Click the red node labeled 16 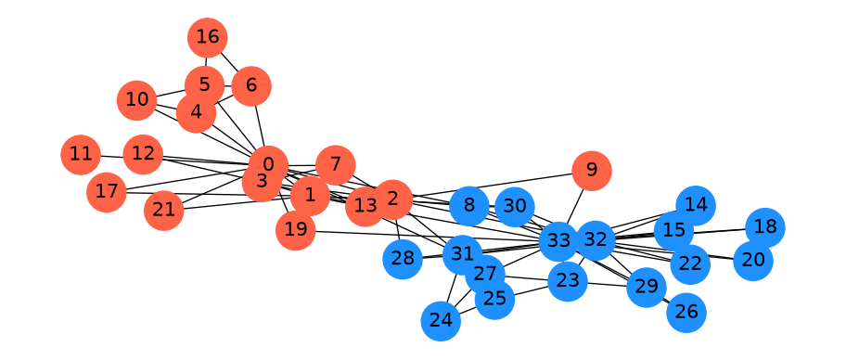(207, 38)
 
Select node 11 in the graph (81, 155)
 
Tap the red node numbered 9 (591, 171)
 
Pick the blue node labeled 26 (686, 313)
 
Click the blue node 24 (441, 322)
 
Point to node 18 (764, 227)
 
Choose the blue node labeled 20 (753, 261)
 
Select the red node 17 (107, 192)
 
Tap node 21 (164, 211)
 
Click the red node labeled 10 (136, 100)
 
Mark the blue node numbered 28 (403, 260)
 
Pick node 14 (696, 206)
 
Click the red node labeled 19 (295, 230)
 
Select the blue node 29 (647, 287)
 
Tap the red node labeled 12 (143, 154)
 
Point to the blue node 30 (514, 207)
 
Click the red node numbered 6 (250, 85)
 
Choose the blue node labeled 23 (568, 281)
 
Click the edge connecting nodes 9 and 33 (575, 205)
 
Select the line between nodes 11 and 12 (111, 157)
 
